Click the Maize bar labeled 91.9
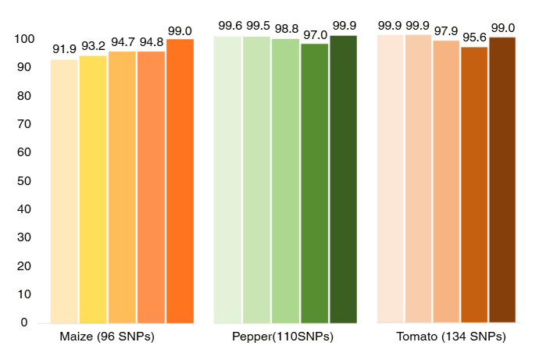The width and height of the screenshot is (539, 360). pos(64,191)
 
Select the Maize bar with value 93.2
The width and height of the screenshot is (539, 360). pos(93,189)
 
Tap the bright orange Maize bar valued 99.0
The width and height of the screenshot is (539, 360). pos(180,180)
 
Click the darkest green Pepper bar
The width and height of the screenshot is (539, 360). pos(343,179)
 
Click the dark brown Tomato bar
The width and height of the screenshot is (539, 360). pos(502,180)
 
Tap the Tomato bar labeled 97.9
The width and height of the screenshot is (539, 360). pos(446,181)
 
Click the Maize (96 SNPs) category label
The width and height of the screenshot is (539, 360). pos(107,337)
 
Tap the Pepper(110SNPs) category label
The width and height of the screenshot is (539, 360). pos(283,337)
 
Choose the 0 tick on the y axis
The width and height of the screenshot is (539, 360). pos(24,323)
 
